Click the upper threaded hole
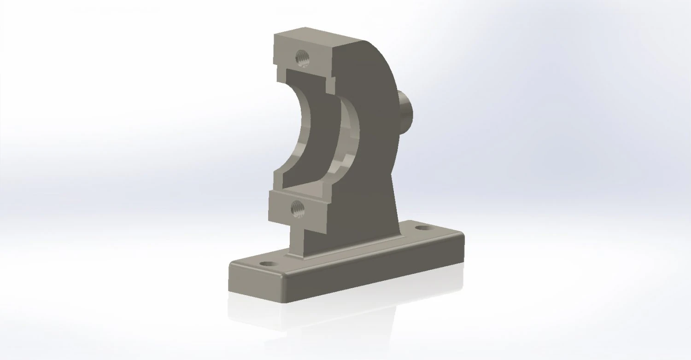(303, 58)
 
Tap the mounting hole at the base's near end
(268, 265)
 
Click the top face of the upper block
(318, 35)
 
